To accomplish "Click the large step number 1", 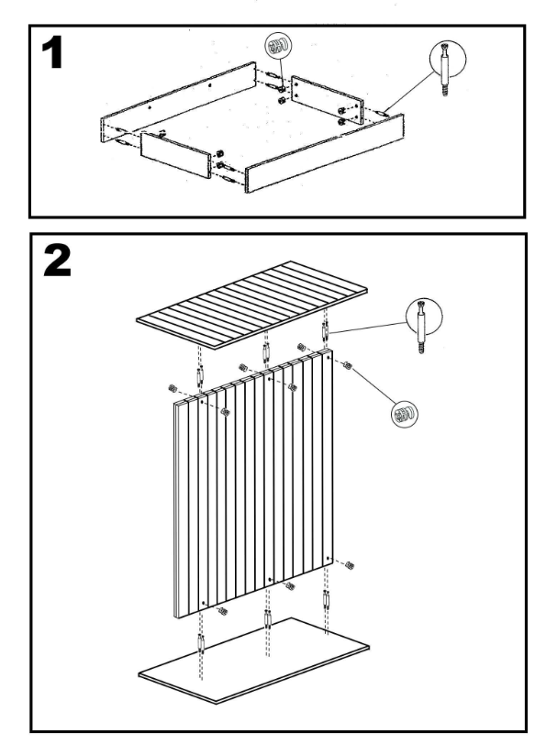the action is tap(52, 53).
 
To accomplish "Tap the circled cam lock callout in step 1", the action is tap(278, 46).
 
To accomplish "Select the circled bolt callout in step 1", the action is tap(447, 59).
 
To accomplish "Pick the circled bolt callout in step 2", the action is tap(424, 317).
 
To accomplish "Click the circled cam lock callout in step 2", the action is tap(405, 415).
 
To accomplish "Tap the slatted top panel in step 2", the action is tap(251, 305).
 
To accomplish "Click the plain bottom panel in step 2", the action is tap(254, 661).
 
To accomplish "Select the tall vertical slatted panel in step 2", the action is tap(253, 484).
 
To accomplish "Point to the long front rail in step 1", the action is tap(325, 153).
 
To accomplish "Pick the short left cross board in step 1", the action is tap(176, 155).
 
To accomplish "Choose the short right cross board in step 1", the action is tap(328, 99).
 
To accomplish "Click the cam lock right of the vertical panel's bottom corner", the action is tap(350, 565).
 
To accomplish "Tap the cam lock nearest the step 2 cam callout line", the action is tap(348, 366).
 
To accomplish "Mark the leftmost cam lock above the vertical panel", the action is tap(173, 388).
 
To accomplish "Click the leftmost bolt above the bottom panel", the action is tap(201, 645).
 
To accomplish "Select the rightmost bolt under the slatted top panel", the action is tap(325, 330).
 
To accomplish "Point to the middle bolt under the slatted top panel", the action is tap(265, 352).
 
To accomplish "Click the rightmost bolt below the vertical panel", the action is tap(326, 601).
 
